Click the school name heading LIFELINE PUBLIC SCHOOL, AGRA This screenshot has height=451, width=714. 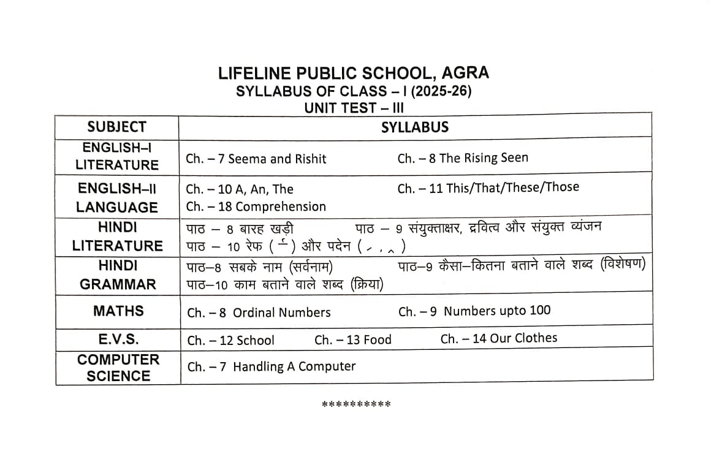click(354, 74)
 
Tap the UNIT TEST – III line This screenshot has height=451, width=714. click(354, 108)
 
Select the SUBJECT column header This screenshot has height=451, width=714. click(117, 127)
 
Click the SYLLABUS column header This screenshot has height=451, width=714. click(415, 127)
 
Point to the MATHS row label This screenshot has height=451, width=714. click(118, 311)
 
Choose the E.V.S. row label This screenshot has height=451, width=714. click(118, 339)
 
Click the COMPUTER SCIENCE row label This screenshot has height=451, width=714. click(118, 368)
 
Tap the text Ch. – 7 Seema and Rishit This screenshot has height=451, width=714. click(256, 159)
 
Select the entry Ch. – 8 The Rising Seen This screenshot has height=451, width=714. click(462, 158)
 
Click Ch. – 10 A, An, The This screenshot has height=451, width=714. click(240, 189)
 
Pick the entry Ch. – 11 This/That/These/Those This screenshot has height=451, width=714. click(488, 188)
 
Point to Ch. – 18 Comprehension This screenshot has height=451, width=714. click(256, 207)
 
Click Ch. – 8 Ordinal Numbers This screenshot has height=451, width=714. click(259, 313)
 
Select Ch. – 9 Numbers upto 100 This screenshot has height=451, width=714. click(474, 311)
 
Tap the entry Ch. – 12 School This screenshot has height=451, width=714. click(230, 340)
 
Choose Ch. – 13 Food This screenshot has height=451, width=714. click(352, 339)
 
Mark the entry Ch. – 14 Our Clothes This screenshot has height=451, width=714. click(499, 338)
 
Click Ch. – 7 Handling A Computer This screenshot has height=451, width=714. click(271, 367)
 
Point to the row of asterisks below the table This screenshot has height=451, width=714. click(356, 404)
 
